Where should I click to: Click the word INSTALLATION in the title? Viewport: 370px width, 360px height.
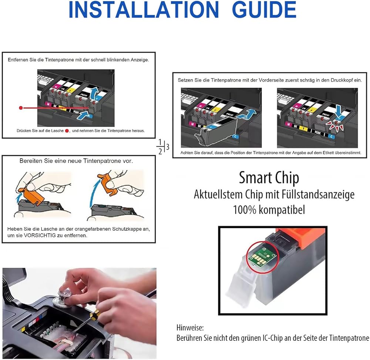click(144, 10)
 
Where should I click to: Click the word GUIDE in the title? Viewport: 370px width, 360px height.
click(264, 10)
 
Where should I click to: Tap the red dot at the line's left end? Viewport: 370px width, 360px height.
click(21, 108)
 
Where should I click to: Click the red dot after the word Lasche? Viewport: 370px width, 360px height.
click(67, 131)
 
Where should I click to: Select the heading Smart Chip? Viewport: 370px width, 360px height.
click(269, 178)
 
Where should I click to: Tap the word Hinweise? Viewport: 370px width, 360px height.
click(190, 328)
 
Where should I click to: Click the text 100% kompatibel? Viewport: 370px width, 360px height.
click(269, 210)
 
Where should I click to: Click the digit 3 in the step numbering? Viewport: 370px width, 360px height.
click(168, 147)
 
